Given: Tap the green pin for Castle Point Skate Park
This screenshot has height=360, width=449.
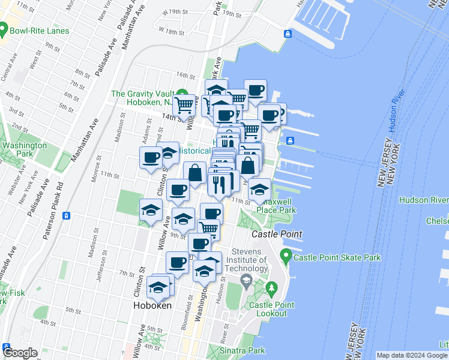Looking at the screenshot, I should [x=287, y=258].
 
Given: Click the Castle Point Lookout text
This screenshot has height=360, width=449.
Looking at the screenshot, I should [x=271, y=309].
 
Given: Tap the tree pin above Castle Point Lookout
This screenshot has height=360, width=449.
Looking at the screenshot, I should [x=272, y=290].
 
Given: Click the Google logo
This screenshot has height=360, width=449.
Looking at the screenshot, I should [x=20, y=353].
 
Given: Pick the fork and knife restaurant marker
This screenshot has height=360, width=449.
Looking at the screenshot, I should [x=219, y=182].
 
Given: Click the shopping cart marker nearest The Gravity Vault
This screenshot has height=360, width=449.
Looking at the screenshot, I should [x=184, y=105].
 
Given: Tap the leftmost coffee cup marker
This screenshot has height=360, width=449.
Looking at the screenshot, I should [x=150, y=158].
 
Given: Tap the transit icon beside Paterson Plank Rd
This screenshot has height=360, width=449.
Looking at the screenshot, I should [x=67, y=216].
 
